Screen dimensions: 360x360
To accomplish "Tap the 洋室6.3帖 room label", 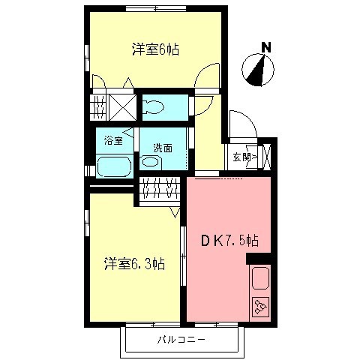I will pos(135,264).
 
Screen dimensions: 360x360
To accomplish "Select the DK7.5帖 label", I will pos(229,241).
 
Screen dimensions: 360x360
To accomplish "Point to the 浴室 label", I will pos(113,139).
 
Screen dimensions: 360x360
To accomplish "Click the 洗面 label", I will pos(163,148).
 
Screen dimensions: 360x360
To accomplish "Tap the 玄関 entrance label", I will pos(241,157).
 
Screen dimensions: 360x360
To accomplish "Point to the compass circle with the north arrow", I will pos(259,72).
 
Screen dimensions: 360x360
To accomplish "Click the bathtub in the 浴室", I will pos(114,166).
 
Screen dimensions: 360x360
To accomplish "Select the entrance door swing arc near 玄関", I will pos(241,124).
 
